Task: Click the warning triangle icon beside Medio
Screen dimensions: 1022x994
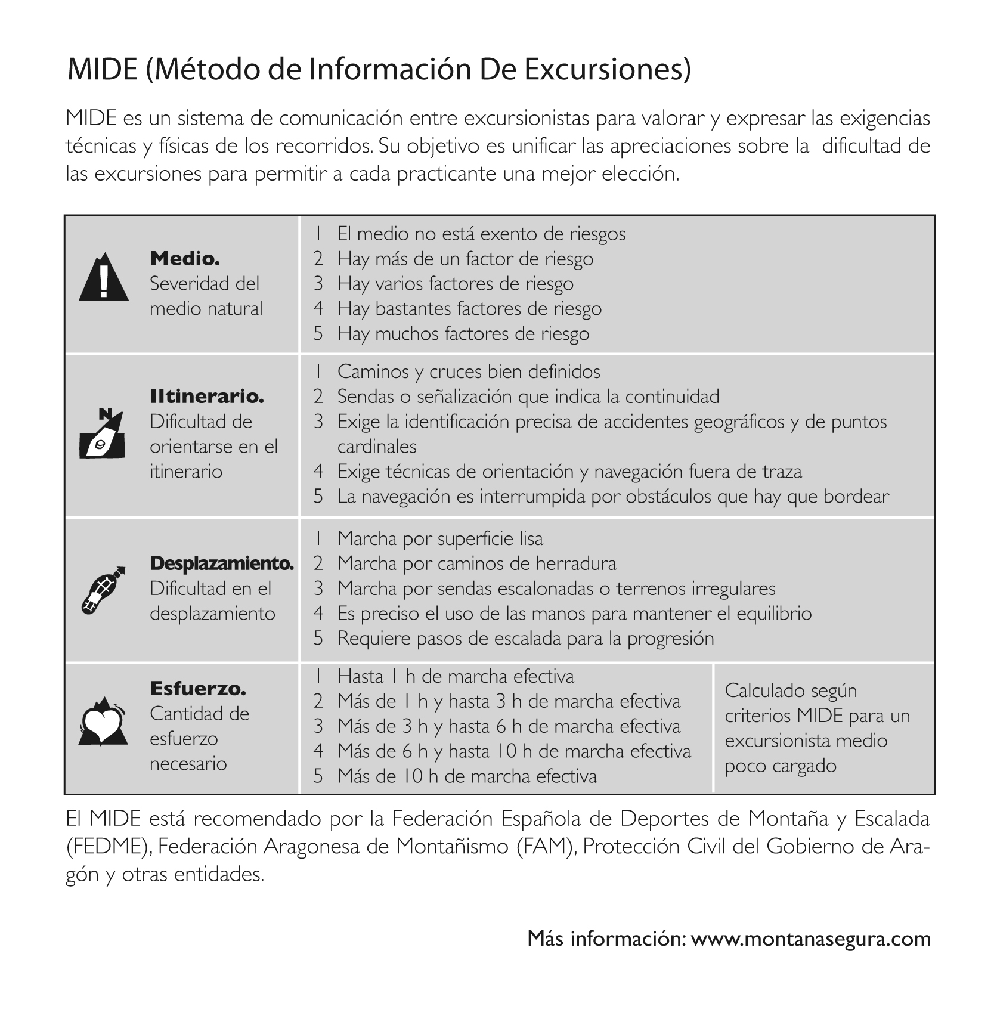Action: coord(104,278)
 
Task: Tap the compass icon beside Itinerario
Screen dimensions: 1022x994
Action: coord(103,433)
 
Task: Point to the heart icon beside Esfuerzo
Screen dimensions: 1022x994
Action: coord(103,721)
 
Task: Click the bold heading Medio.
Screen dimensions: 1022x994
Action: coord(185,259)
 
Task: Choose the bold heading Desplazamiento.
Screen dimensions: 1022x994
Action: coord(222,563)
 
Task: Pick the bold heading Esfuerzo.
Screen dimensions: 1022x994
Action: coord(198,689)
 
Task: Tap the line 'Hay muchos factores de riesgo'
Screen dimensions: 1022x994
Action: coord(463,333)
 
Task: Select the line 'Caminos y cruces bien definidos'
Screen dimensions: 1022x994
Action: coord(469,371)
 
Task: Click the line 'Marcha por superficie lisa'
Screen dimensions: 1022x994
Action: coord(440,538)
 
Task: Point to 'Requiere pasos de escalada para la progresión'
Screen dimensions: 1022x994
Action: coord(525,639)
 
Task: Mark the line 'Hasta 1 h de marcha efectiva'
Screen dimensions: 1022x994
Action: coord(456,676)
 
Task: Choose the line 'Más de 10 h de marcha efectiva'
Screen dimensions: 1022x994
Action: coord(467,776)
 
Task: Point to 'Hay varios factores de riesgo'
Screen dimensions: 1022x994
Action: coord(455,283)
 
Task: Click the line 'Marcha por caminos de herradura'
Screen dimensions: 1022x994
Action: coord(476,563)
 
